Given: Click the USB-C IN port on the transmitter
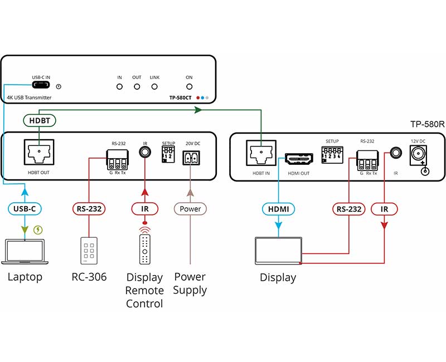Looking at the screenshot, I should [x=40, y=86].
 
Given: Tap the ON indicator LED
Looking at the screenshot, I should [x=189, y=87].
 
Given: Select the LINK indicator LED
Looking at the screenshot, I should [x=154, y=87].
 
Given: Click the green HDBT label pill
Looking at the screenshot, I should [x=39, y=120].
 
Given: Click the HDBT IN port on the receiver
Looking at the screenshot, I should [x=260, y=154].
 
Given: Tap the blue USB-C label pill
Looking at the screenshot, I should [x=25, y=209].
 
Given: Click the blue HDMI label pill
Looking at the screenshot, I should [x=278, y=209].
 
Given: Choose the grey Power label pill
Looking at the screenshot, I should [x=190, y=209].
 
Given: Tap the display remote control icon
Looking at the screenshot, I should [x=145, y=248].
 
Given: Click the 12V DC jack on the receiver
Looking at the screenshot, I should [x=418, y=154].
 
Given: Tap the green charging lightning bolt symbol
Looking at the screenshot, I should [x=38, y=229].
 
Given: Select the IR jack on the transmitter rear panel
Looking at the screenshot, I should [x=145, y=150].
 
